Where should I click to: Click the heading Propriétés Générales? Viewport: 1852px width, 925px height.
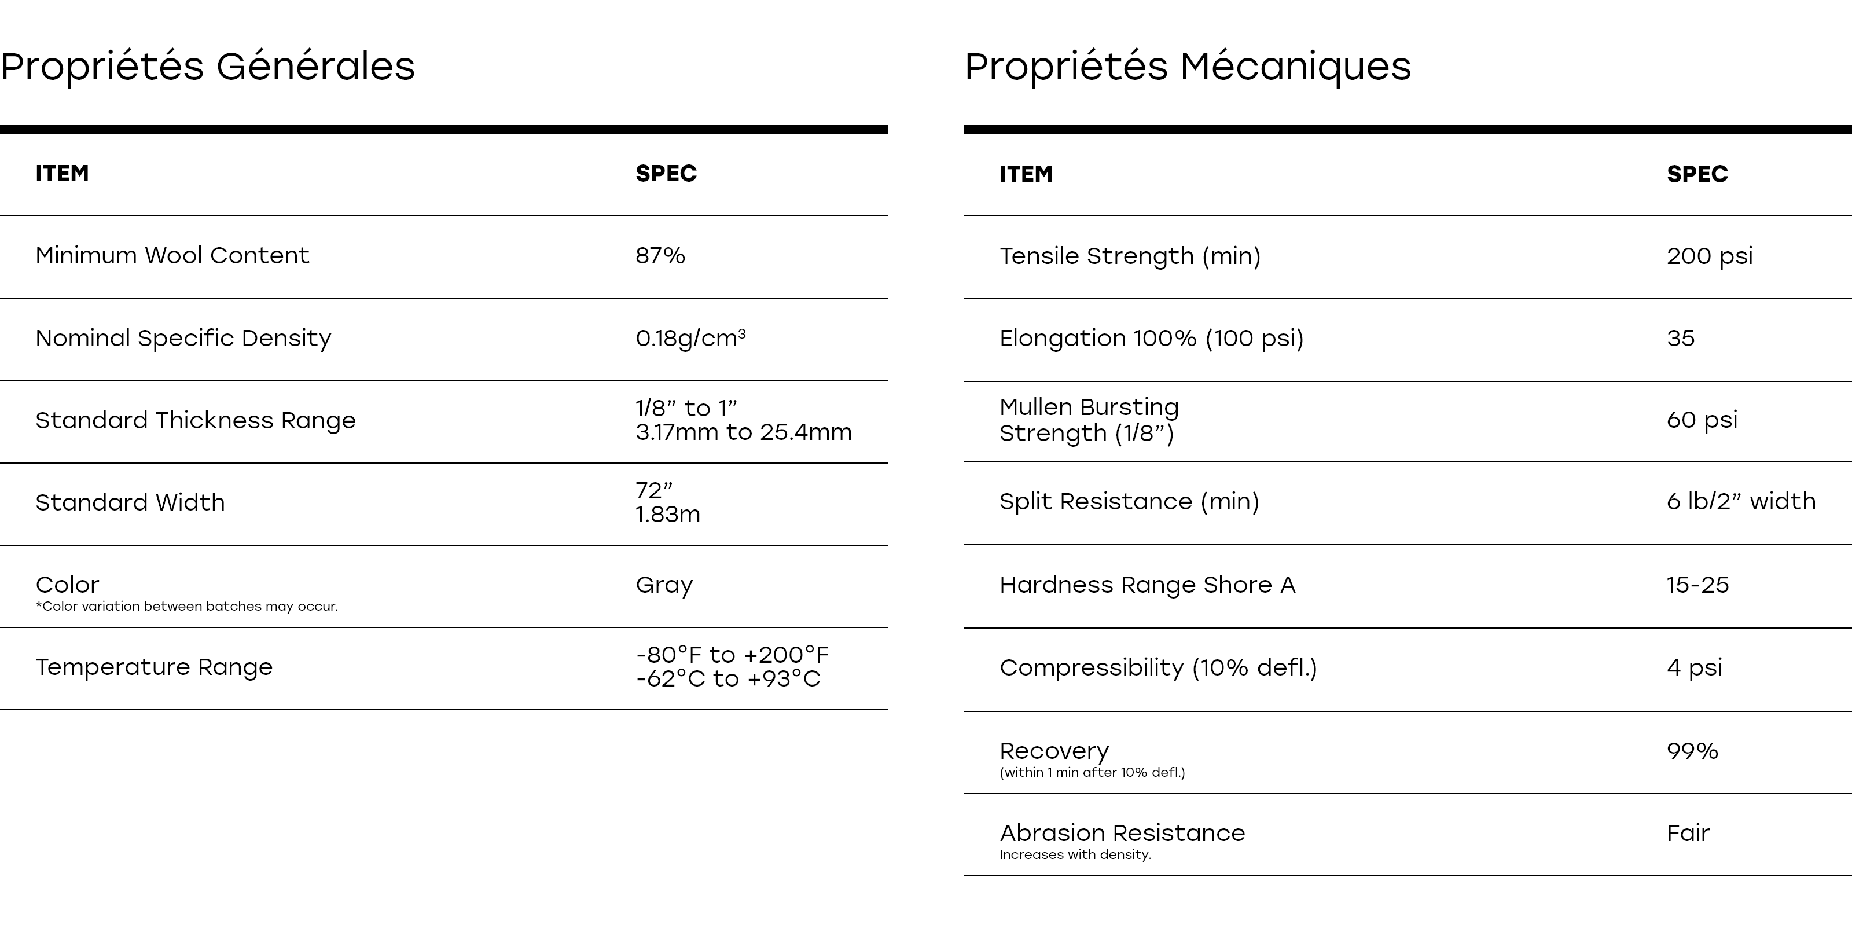[x=208, y=66]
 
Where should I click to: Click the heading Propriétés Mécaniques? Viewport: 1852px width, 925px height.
[x=1188, y=66]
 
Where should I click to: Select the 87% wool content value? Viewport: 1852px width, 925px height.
[x=660, y=255]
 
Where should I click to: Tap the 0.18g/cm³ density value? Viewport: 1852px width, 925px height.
[x=690, y=338]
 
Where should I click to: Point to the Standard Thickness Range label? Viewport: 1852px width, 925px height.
[x=196, y=420]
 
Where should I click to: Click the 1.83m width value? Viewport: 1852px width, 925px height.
[x=667, y=514]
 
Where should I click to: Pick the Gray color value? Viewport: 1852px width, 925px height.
[x=664, y=585]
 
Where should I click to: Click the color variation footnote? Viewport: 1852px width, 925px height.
[x=187, y=607]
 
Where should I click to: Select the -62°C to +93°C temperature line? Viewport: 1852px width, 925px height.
[x=727, y=678]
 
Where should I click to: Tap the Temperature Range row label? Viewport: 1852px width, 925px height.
[x=154, y=667]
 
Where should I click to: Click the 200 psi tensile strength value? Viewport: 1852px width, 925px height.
[x=1709, y=256]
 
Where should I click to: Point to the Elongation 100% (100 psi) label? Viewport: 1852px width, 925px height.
[x=1151, y=338]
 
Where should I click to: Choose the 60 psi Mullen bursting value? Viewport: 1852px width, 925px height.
[x=1702, y=419]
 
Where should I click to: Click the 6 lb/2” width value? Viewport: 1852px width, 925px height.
[x=1740, y=501]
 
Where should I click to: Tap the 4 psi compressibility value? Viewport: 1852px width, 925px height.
[x=1694, y=667]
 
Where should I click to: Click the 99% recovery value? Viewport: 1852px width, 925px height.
[x=1692, y=751]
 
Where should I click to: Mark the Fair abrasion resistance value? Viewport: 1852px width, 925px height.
[x=1688, y=833]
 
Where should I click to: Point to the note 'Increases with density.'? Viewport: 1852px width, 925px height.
[x=1075, y=854]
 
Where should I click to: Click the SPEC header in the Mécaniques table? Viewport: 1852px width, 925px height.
[x=1697, y=174]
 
